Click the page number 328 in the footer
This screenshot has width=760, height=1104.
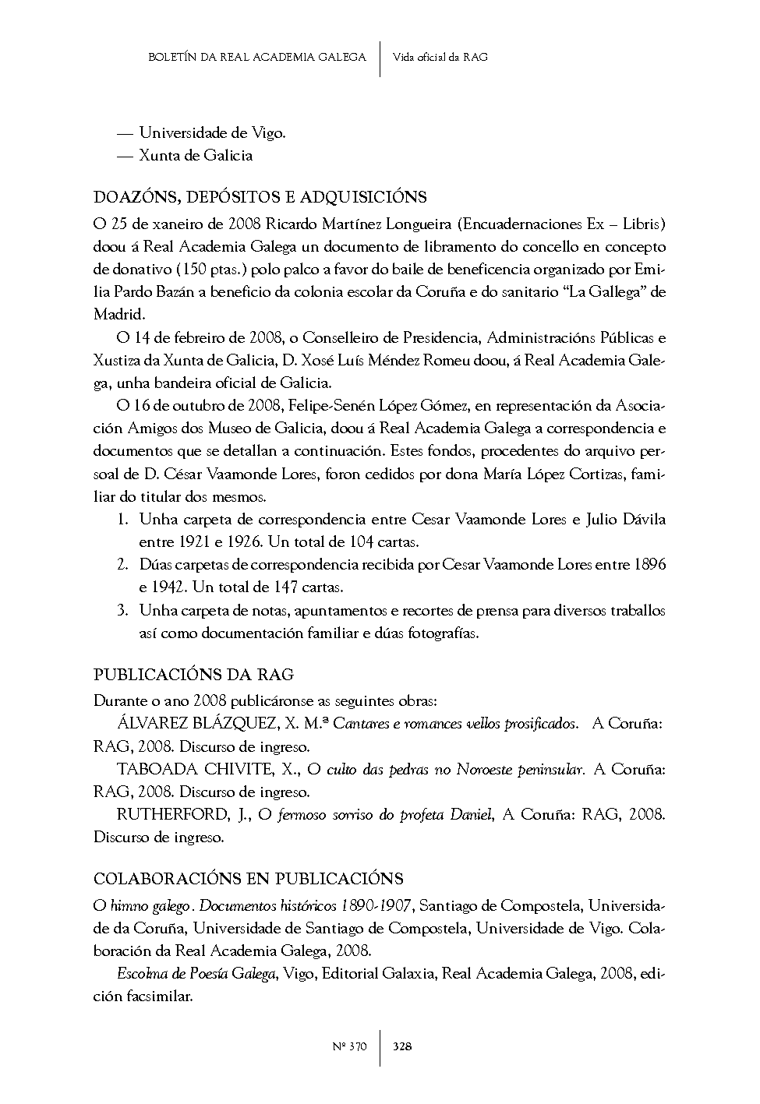pyautogui.click(x=402, y=1046)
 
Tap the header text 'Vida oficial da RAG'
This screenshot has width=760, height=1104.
pyautogui.click(x=440, y=57)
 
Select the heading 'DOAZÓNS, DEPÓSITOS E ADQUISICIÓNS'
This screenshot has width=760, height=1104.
pyautogui.click(x=260, y=196)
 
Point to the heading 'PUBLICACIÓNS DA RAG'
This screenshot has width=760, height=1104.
pyautogui.click(x=193, y=674)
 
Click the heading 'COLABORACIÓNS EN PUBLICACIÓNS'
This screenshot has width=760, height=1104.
pyautogui.click(x=248, y=879)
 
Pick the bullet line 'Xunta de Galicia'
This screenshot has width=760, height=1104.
pyautogui.click(x=196, y=155)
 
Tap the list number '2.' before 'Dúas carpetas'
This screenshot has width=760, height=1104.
pyautogui.click(x=122, y=565)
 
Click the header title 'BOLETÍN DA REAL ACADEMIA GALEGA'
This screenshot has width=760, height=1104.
pyautogui.click(x=256, y=57)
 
